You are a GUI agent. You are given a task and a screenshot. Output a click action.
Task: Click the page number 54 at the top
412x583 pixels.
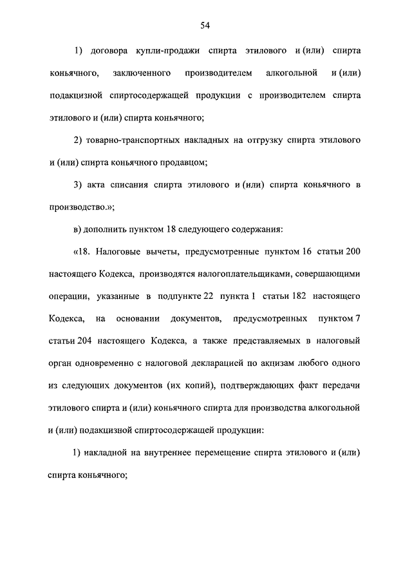[x=205, y=26]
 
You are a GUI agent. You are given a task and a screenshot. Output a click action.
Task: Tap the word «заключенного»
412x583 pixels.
[x=140, y=72]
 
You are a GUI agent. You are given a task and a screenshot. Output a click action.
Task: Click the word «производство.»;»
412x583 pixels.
[x=80, y=207]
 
